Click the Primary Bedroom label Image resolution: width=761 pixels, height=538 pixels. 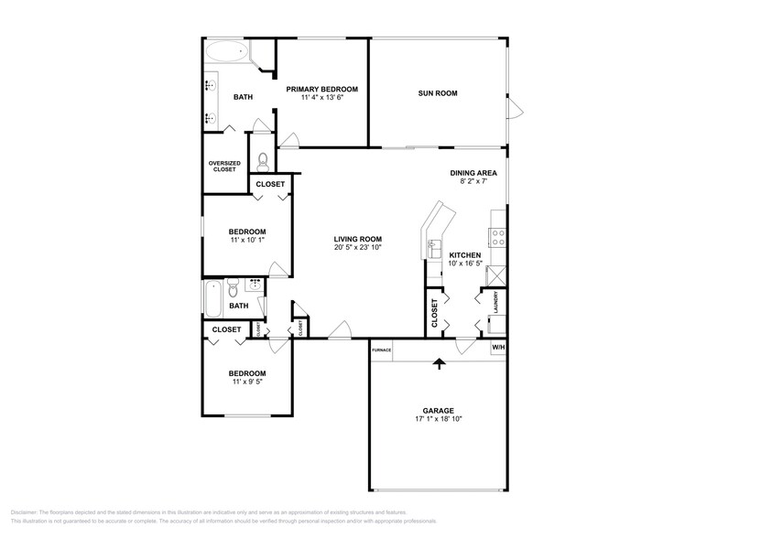point(321,89)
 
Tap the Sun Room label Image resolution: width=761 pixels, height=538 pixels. point(438,93)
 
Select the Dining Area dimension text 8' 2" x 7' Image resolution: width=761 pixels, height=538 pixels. point(473,182)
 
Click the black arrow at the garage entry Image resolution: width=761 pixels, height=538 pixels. point(439,363)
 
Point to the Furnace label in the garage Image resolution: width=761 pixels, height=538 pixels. point(382,350)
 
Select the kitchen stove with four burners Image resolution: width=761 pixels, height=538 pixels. point(499,238)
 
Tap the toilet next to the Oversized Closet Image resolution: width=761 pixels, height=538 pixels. point(262,162)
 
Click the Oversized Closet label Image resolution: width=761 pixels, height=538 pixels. point(224,167)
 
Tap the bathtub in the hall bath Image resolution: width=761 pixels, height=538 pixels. point(212,297)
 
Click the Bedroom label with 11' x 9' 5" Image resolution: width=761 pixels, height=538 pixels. point(247,373)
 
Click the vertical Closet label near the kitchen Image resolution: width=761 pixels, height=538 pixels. point(434,313)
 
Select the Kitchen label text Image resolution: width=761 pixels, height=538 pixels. point(464,255)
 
